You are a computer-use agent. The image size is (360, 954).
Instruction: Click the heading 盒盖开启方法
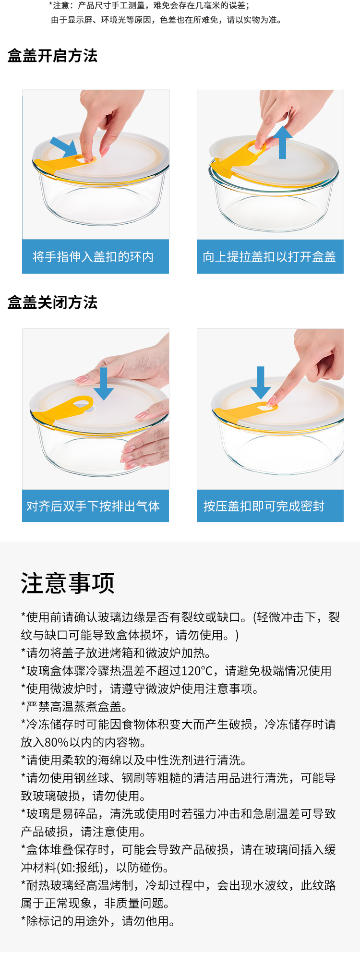pos(52,56)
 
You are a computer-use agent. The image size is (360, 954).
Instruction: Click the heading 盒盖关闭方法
pos(52,302)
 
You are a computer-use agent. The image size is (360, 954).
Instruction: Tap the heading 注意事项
pos(68,583)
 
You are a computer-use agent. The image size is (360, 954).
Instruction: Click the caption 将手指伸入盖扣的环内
pos(93,257)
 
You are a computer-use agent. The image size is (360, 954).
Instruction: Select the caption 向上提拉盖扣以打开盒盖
pos(269,257)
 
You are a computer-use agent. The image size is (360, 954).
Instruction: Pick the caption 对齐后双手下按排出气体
pos(93,506)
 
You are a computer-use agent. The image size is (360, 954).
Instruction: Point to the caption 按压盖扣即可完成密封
pos(264,506)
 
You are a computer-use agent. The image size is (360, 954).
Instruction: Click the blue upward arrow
pos(282,142)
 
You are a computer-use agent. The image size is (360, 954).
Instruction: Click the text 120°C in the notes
pos(197,671)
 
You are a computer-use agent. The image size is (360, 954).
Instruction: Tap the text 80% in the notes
pos(57,742)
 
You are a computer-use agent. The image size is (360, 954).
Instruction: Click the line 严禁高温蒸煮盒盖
pos(74,707)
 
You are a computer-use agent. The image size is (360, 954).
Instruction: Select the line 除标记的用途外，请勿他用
pos(98,921)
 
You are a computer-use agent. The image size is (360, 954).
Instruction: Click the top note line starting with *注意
pos(149,6)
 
